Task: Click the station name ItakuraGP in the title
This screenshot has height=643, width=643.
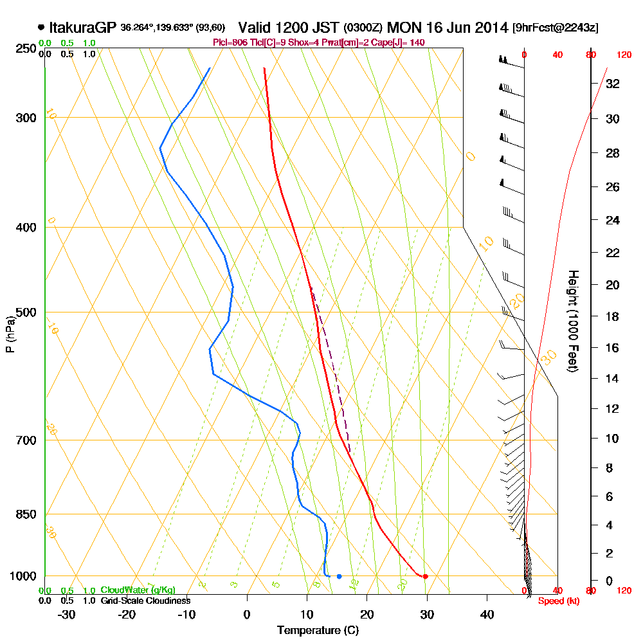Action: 82,28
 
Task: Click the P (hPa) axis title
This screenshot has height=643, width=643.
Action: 10,334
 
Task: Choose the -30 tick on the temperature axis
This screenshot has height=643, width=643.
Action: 67,614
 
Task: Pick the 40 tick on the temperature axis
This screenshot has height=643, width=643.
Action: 487,614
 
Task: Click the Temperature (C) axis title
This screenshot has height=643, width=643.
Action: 318,630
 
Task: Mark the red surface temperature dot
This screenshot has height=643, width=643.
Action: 425,576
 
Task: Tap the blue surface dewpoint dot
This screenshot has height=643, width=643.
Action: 339,576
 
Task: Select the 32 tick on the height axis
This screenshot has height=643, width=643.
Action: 612,84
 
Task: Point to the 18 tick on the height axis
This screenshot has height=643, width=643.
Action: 612,316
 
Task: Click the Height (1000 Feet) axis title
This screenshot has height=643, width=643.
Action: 572,320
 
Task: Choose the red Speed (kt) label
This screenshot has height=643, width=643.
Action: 556,601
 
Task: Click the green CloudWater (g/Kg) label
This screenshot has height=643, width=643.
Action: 138,590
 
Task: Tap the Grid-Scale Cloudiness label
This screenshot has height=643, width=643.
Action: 145,601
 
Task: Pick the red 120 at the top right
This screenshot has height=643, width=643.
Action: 623,55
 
